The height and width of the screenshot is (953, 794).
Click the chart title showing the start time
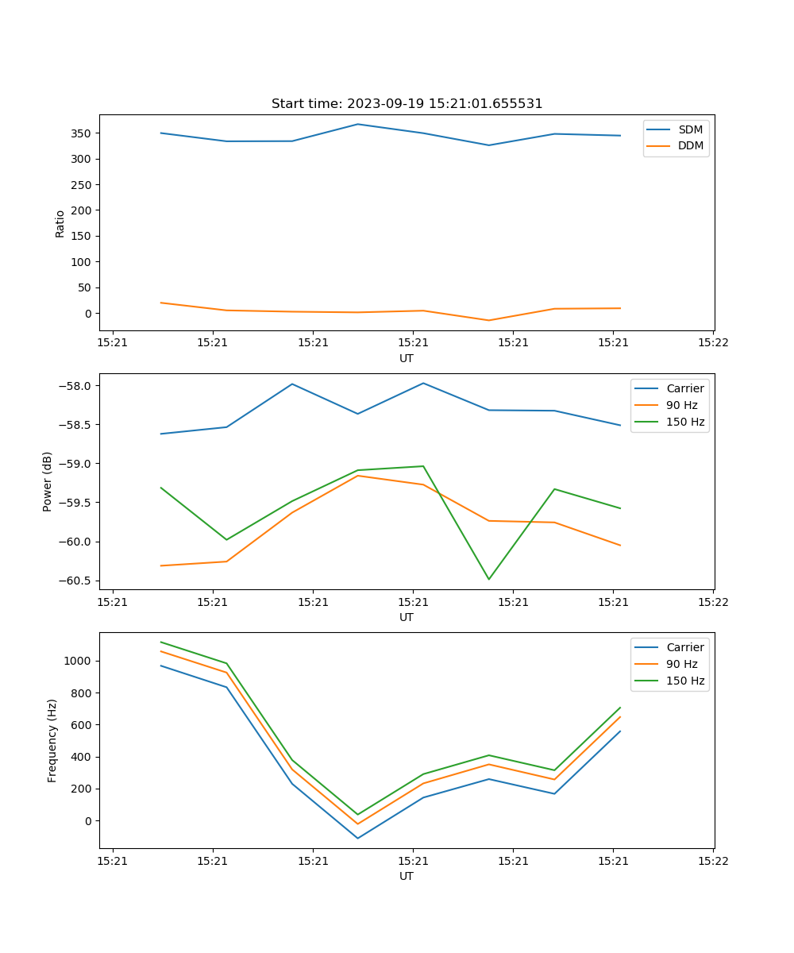coord(407,104)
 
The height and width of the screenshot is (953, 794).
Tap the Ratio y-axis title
coord(60,223)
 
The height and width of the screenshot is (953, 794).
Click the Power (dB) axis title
coord(48,481)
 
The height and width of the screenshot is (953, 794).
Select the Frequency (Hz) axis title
coord(52,740)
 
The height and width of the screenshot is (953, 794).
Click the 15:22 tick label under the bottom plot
coord(712,860)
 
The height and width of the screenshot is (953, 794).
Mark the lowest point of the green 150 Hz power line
coord(488,579)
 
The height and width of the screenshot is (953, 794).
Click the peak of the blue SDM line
coord(357,124)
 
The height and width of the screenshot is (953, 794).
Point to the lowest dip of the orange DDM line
coord(488,320)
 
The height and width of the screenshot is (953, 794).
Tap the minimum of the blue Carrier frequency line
coord(357,838)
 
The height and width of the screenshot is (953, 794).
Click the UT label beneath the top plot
coord(407,358)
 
